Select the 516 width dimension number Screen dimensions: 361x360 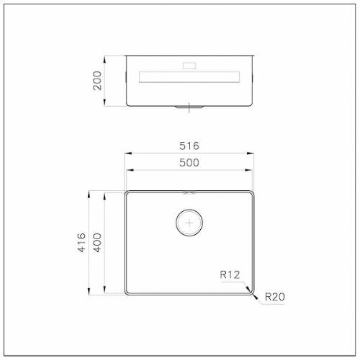tap(189, 146)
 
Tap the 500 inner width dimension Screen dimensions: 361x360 tap(189, 163)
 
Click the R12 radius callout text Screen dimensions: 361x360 tap(230, 275)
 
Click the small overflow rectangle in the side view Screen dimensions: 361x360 tap(189, 66)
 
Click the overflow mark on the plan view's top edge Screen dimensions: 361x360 tap(189, 192)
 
